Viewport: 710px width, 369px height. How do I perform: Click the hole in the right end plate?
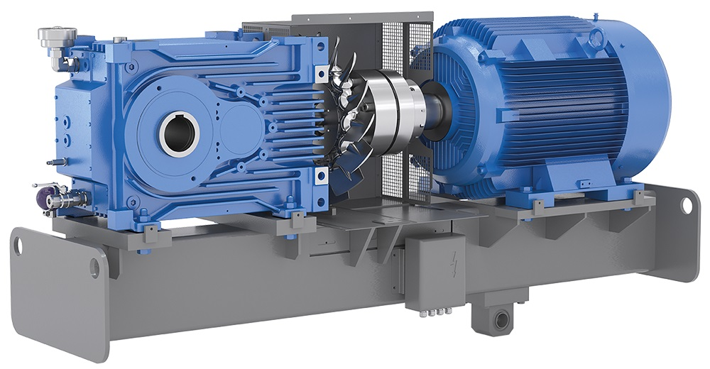[686, 204]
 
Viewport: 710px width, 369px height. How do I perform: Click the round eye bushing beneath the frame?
[503, 319]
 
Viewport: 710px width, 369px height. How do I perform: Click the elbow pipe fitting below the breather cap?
[70, 62]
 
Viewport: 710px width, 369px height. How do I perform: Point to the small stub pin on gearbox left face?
[52, 162]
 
